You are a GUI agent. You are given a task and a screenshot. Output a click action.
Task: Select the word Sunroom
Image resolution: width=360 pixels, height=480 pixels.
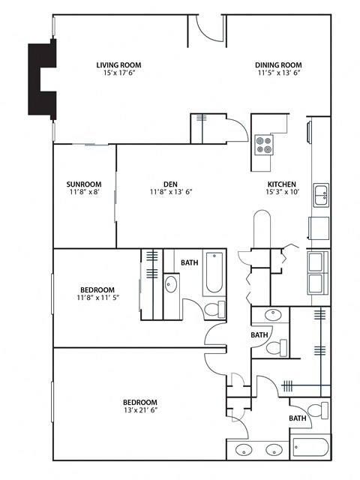pos(83,184)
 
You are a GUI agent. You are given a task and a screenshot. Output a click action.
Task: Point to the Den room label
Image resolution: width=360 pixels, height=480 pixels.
pos(170,184)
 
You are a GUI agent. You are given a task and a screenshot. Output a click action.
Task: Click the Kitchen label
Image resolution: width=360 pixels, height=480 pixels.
pos(282,184)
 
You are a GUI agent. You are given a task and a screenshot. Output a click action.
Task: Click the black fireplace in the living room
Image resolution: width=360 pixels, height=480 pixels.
pos(42,78)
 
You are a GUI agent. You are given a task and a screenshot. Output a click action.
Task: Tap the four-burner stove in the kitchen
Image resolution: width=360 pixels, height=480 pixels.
pos(264,143)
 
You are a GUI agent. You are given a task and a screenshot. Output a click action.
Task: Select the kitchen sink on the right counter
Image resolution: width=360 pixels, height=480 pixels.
pos(321,194)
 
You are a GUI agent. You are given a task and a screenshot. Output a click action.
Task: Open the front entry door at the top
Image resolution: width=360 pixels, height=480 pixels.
pos(206,25)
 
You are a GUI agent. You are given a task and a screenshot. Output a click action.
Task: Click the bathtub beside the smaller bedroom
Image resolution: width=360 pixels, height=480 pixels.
pos(213,274)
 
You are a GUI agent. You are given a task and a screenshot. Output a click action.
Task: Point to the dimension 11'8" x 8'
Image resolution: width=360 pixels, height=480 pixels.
pos(83,192)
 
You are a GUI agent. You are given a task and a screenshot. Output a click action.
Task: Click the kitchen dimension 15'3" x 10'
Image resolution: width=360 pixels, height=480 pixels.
pos(282,192)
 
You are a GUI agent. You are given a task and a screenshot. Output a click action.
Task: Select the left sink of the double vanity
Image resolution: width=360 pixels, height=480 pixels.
pos(244,450)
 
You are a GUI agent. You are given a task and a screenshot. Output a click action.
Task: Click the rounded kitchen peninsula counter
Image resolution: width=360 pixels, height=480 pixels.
pos(261,229)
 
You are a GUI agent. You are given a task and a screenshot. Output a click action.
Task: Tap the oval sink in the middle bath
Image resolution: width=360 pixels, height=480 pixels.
pos(267,316)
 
